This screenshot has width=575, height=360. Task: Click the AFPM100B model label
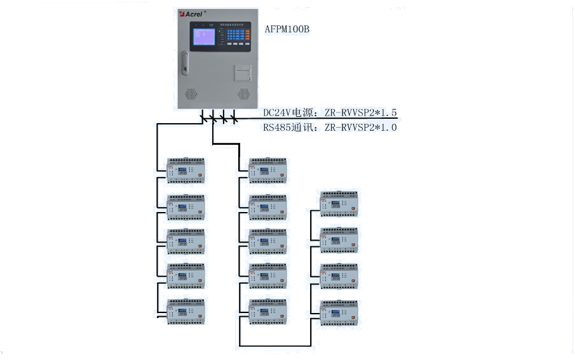tap(287, 29)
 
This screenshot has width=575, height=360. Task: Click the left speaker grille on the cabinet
tap(191, 94)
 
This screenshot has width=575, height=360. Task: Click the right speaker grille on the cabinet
tap(243, 94)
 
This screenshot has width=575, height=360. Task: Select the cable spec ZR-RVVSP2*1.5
tap(361, 113)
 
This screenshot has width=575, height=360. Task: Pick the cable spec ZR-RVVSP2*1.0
tap(361, 128)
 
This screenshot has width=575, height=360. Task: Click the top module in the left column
tap(186, 170)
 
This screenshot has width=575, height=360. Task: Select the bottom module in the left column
tap(186, 311)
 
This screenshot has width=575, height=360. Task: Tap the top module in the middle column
tap(267, 170)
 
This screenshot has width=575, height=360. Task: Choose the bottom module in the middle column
tap(267, 311)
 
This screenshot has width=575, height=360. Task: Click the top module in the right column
tap(339, 204)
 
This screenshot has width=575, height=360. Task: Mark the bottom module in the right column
tap(339, 312)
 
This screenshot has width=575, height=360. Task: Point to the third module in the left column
tap(186, 241)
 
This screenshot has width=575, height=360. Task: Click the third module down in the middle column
tap(267, 241)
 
